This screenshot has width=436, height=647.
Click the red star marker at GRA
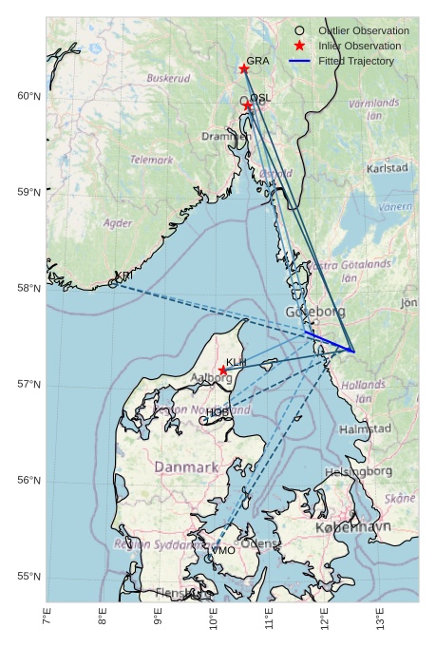pos(244,68)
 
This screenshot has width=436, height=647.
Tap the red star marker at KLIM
pos(222,371)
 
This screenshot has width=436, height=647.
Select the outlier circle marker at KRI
pos(113,282)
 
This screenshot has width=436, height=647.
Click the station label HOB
pos(218,412)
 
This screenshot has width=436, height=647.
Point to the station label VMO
pos(223,550)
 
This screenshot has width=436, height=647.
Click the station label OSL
pos(260,98)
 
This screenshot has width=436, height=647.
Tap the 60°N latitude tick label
pos(28,96)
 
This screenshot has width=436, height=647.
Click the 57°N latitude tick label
pos(28,384)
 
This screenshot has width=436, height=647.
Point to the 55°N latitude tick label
pos(28,577)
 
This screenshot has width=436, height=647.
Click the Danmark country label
pos(186,467)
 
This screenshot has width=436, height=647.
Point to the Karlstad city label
pos(388,168)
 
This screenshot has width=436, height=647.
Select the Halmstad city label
pos(365,428)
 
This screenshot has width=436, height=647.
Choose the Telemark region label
pos(152,160)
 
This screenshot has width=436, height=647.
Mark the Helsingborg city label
pos(358,470)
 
